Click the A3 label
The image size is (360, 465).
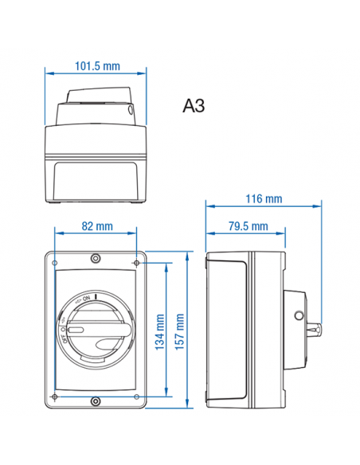(194, 107)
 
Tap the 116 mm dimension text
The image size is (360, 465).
(264, 198)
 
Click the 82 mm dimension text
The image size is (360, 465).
(96, 226)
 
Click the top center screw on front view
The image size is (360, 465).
(96, 259)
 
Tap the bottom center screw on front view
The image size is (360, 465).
(96, 401)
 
